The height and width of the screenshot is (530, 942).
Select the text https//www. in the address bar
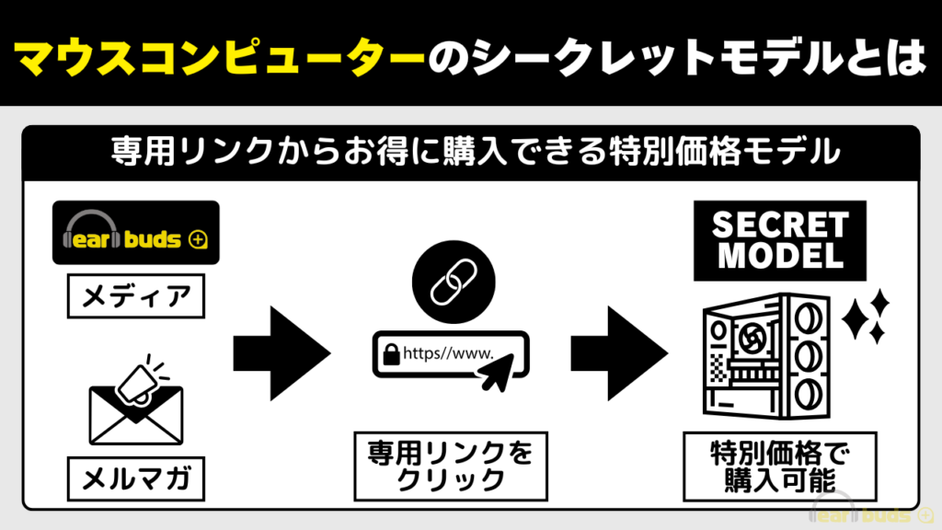[x=449, y=351]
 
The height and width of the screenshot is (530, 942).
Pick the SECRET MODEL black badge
[x=780, y=240]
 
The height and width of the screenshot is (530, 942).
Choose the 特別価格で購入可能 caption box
[x=780, y=466]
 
